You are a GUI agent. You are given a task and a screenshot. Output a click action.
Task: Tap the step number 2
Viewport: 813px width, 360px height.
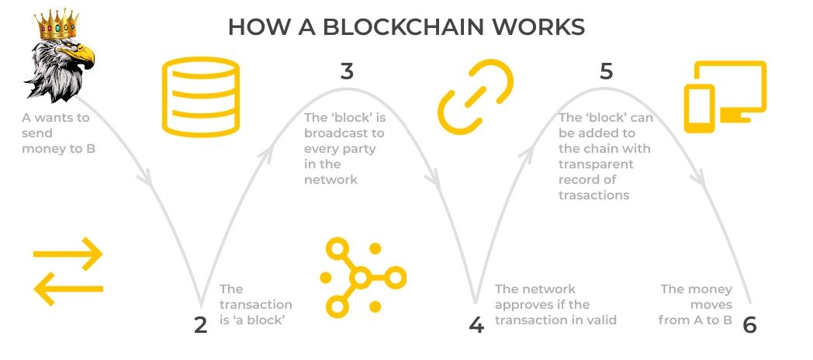click(x=201, y=325)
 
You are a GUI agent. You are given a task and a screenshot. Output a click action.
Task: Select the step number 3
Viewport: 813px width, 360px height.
click(x=347, y=71)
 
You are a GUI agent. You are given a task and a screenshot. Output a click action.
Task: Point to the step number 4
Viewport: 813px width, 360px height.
click(x=476, y=325)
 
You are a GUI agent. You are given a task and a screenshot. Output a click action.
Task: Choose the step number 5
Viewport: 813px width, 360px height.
click(x=607, y=71)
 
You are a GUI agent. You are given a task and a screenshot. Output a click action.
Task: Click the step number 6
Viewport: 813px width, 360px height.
click(x=749, y=325)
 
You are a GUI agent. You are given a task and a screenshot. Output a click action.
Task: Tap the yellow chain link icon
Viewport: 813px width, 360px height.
click(x=476, y=97)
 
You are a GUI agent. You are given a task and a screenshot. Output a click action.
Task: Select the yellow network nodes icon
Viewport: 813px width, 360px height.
click(x=362, y=277)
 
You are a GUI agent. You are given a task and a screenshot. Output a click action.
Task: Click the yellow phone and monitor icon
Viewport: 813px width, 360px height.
click(x=724, y=95)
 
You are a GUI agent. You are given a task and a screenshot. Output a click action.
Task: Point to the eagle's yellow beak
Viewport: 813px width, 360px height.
click(x=83, y=55)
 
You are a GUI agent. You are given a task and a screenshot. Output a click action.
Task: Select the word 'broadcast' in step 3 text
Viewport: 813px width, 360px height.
click(x=344, y=133)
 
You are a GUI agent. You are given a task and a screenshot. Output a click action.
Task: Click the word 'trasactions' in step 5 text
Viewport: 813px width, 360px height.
click(x=593, y=195)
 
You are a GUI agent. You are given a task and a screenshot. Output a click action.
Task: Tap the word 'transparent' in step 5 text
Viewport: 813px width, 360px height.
click(x=596, y=164)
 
